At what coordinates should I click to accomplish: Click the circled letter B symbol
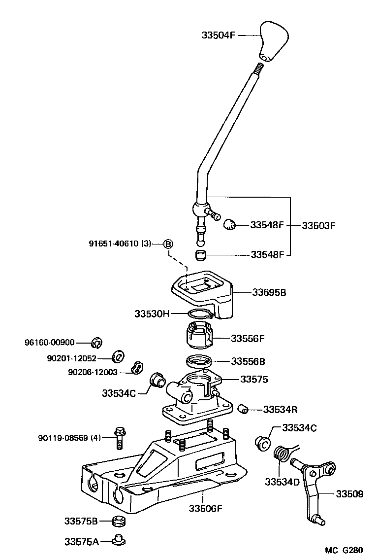coord(168,244)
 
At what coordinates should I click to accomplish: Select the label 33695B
coord(269,292)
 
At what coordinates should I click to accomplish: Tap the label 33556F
coord(248,339)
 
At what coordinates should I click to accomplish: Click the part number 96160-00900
coord(50,342)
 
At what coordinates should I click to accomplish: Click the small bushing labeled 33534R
coord(242,409)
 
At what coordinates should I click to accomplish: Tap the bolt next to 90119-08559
coord(120,438)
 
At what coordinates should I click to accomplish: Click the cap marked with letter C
coord(263,443)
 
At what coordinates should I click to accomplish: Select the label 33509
coord(349,493)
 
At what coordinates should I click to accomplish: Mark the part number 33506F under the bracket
coord(206,508)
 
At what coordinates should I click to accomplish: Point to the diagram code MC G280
coord(346,550)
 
